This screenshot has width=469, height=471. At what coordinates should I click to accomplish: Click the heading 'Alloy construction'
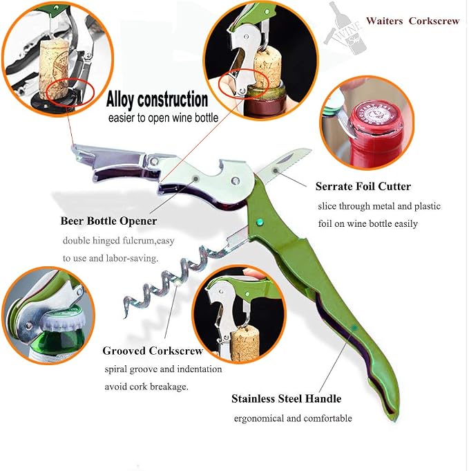[x=157, y=100]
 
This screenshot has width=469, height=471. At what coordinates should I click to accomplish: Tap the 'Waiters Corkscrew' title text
[x=412, y=21]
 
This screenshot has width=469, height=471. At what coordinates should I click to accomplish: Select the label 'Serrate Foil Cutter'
[x=363, y=186]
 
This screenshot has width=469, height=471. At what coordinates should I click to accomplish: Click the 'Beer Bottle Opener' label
[x=108, y=221]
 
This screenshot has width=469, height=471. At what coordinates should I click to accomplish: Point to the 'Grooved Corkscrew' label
[x=153, y=351]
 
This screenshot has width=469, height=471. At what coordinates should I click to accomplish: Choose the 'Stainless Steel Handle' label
[x=286, y=398]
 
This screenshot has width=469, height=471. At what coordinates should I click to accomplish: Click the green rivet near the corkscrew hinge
[x=260, y=222]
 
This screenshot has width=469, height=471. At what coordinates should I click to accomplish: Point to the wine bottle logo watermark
[x=345, y=28]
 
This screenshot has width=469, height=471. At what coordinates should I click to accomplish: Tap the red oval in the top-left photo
[x=71, y=92]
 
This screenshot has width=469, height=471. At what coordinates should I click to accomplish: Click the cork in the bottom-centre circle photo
[x=245, y=343]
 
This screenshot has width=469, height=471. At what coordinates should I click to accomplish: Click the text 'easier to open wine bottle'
[x=163, y=118]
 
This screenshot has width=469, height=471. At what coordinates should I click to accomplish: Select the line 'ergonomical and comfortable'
[x=293, y=418]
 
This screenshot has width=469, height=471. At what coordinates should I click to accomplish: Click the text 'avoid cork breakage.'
[x=146, y=387]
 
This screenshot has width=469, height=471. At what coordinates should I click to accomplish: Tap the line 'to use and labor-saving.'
[x=111, y=259]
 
